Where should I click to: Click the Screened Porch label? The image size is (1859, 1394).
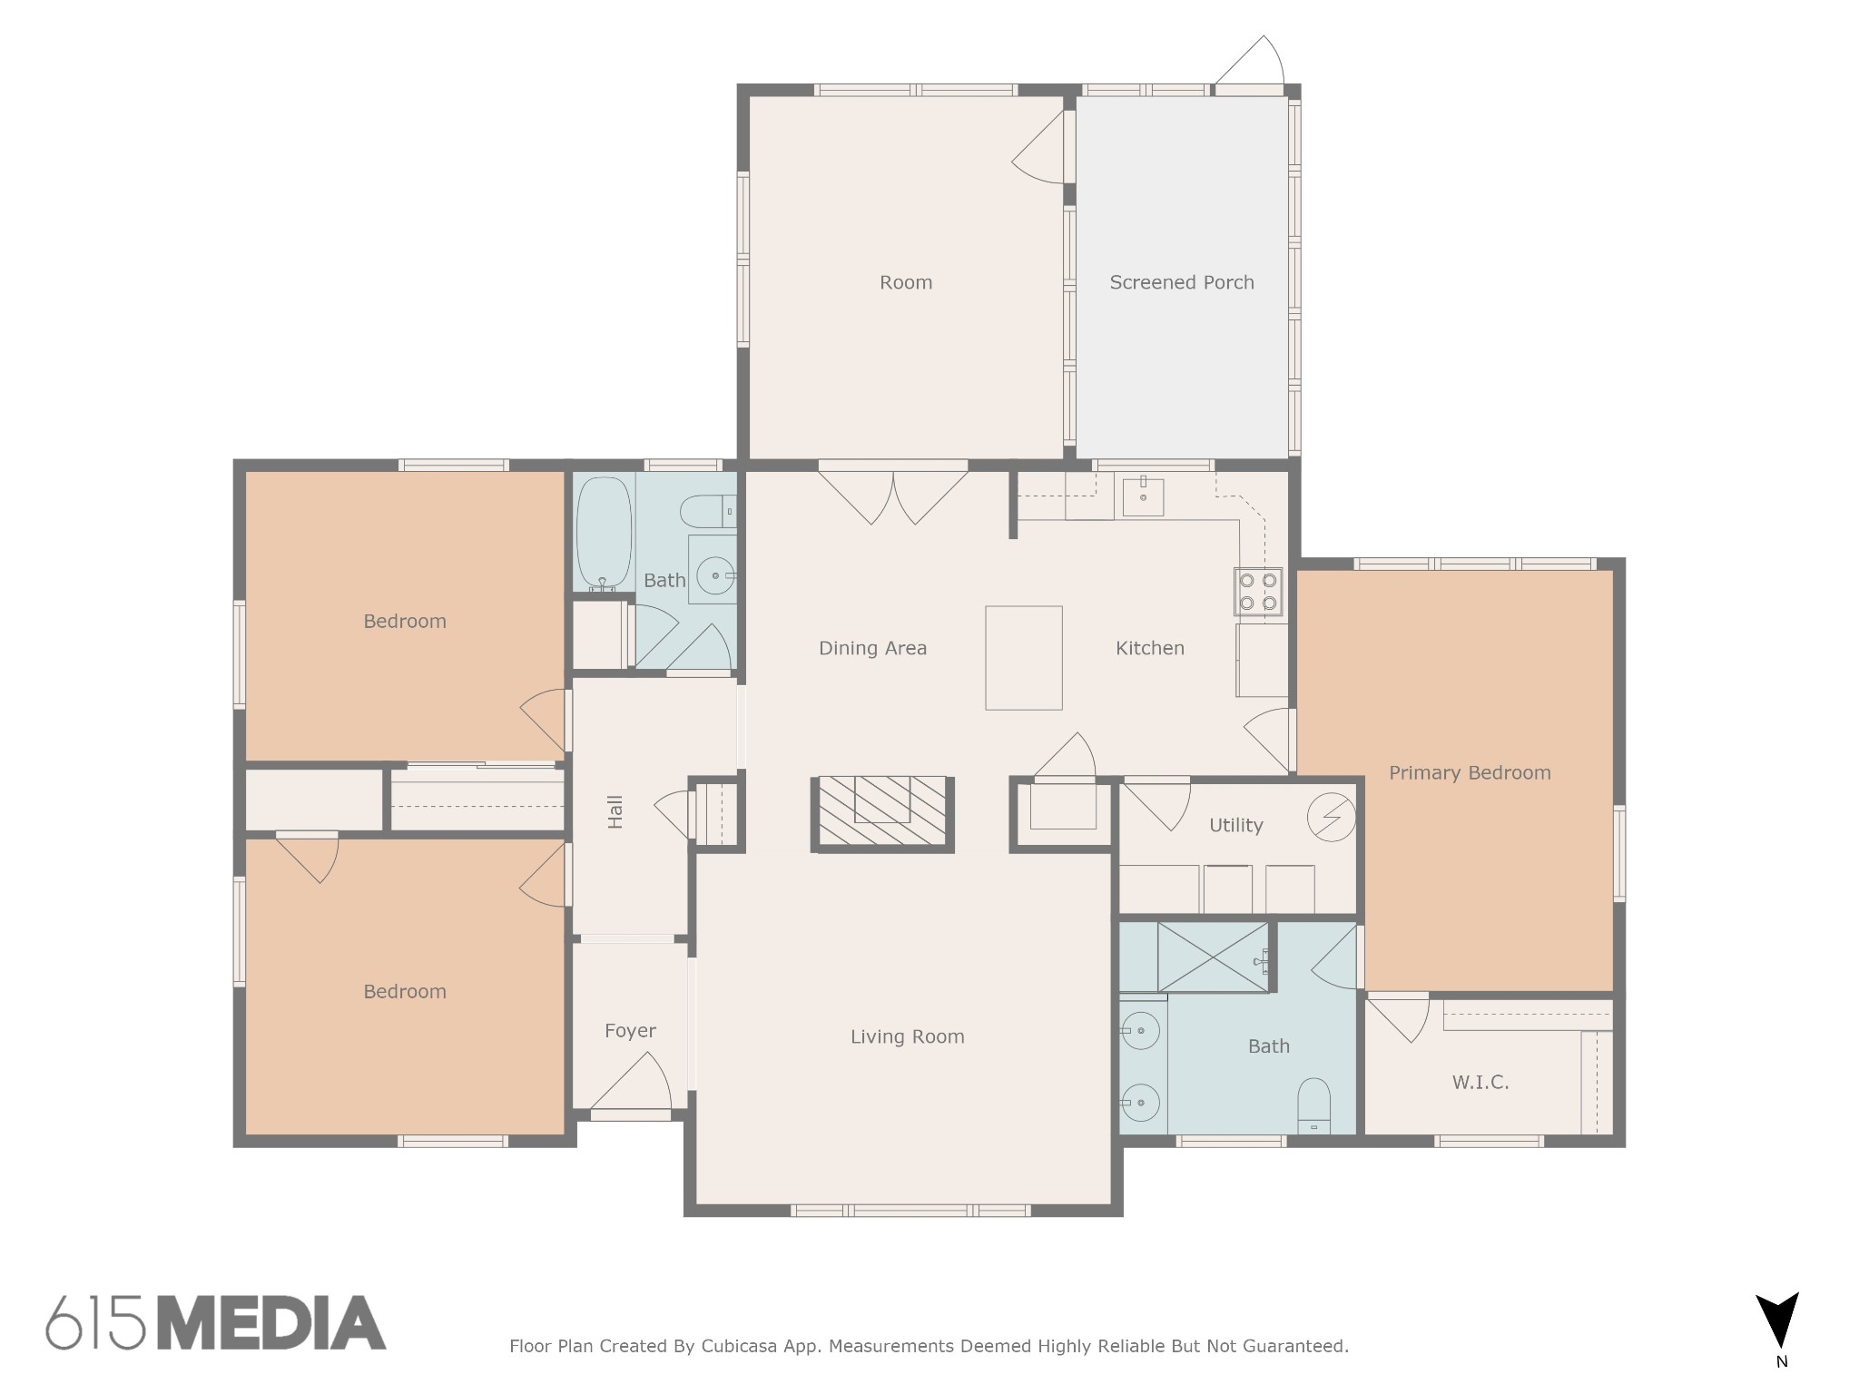(x=1181, y=282)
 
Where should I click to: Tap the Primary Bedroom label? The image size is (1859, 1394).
(x=1470, y=773)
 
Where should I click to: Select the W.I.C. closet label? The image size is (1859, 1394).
(x=1480, y=1082)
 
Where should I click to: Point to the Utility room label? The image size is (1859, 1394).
(x=1235, y=825)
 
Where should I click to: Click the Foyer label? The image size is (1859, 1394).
(x=630, y=1031)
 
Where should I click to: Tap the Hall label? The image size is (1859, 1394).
(x=615, y=811)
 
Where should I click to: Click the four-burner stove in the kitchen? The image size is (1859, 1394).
(x=1258, y=591)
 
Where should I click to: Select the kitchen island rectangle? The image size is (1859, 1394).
(x=1024, y=658)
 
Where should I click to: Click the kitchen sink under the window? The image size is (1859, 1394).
(x=1143, y=496)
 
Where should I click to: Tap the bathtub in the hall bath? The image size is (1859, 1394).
(x=605, y=535)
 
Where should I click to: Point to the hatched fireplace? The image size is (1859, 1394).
(x=882, y=814)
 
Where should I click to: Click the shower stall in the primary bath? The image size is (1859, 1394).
(x=1214, y=957)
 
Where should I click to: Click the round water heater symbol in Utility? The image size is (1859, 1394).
(x=1331, y=818)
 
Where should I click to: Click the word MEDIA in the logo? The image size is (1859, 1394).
(x=272, y=1322)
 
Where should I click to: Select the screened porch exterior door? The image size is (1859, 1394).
(x=1249, y=64)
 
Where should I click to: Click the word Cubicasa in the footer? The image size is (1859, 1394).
(x=735, y=1346)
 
